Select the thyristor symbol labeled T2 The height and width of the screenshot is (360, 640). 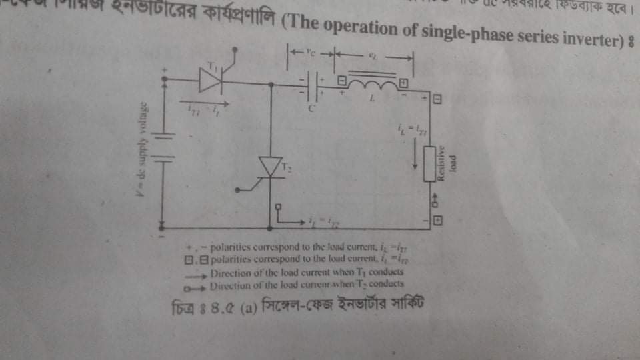[271, 166]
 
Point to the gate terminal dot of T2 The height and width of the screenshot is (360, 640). [279, 207]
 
